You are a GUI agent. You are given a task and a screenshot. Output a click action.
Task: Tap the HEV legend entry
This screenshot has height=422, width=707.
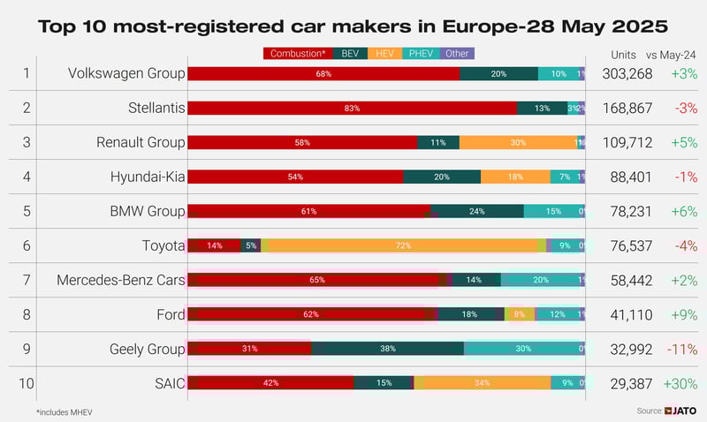(384, 54)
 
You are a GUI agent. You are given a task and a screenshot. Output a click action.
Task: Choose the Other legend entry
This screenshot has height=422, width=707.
(457, 54)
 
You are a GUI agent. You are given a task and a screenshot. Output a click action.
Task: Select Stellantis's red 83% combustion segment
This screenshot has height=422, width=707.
(352, 108)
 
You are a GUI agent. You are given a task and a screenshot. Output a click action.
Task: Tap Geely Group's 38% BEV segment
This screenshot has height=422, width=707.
(387, 349)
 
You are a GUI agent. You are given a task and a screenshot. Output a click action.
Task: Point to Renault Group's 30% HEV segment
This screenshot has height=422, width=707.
(518, 142)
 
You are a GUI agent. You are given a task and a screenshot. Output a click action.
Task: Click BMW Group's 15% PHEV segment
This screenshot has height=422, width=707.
(553, 211)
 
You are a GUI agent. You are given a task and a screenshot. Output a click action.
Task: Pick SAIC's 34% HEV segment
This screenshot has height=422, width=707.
(483, 383)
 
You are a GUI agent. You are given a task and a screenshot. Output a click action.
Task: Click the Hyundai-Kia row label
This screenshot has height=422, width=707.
(148, 177)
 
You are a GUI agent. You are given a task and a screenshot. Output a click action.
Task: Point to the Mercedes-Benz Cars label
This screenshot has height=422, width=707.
(121, 280)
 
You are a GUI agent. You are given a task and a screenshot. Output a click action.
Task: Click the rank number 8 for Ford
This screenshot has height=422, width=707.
(26, 314)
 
